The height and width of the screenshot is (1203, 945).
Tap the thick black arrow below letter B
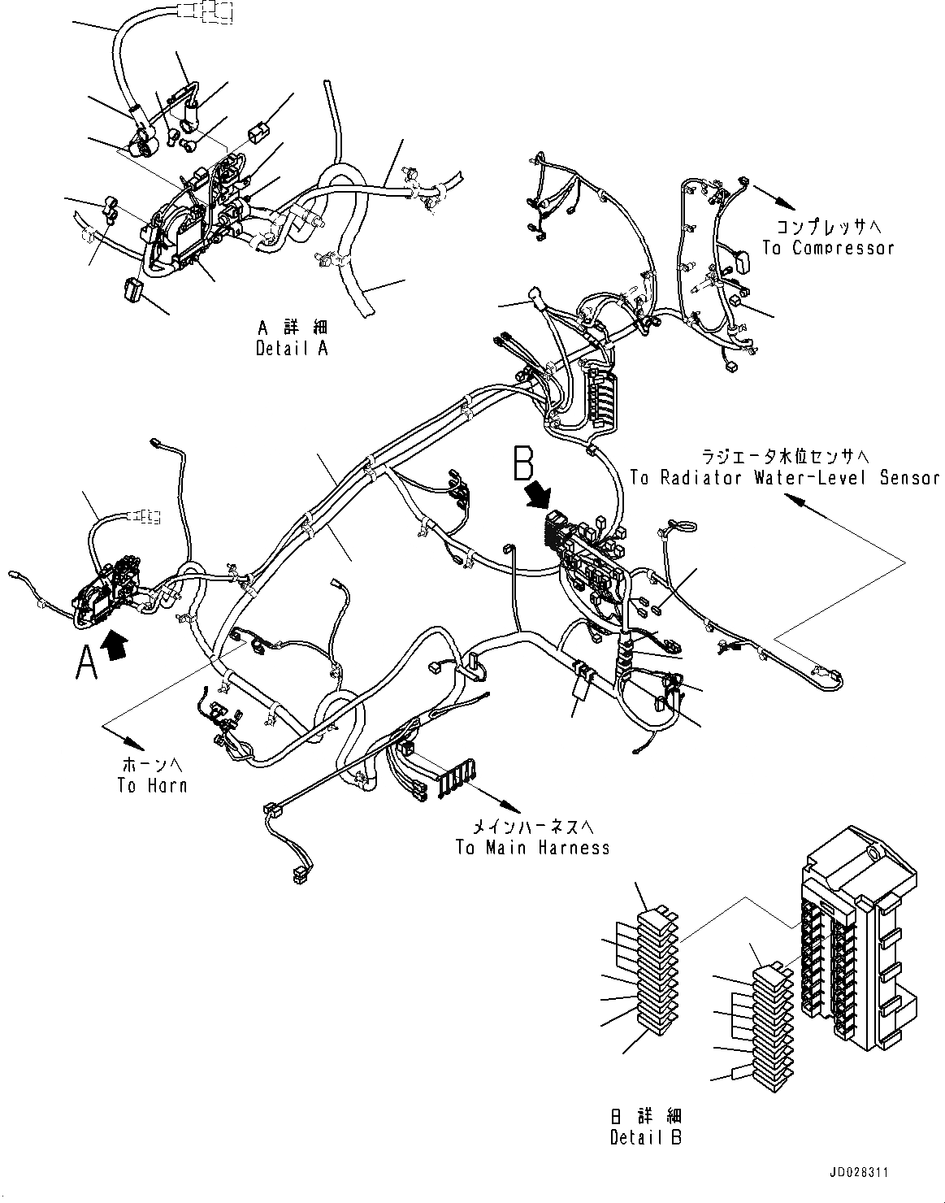tap(537, 495)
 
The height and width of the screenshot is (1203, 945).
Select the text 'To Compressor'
tap(828, 248)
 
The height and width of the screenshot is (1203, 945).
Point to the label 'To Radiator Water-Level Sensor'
tap(785, 478)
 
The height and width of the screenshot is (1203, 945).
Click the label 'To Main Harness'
tap(532, 848)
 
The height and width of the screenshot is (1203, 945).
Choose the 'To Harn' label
tap(152, 785)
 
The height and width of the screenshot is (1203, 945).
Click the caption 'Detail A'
tap(293, 349)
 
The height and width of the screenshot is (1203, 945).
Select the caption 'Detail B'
tap(647, 1136)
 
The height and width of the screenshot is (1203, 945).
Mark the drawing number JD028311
tap(860, 1174)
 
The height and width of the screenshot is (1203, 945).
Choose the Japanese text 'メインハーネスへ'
tap(532, 827)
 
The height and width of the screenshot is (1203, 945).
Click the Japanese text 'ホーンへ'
tap(153, 765)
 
